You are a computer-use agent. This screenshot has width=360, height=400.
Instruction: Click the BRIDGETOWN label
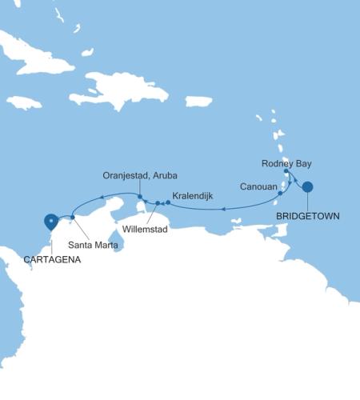[x=307, y=215]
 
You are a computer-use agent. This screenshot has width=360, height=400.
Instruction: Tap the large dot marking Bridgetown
[x=307, y=187]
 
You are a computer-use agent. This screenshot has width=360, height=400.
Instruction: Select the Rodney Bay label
[x=286, y=163]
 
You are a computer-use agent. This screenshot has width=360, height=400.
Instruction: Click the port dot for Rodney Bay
[x=286, y=171]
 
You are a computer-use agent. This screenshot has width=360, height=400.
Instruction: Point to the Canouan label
[x=258, y=186]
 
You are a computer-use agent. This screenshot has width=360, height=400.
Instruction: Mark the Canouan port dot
[x=280, y=193]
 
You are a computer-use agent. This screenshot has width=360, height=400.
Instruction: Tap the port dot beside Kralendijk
[x=168, y=202]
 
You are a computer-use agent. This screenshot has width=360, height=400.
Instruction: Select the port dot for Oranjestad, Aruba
[x=139, y=198]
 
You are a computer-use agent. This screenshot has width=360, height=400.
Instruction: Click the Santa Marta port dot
[x=73, y=217]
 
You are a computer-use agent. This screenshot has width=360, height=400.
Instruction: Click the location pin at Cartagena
[x=51, y=220]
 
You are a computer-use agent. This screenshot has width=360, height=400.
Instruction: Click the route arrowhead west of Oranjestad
[x=102, y=196]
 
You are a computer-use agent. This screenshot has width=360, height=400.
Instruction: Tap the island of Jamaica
[x=24, y=102]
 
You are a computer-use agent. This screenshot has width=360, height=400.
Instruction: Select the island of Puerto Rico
[x=199, y=102]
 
